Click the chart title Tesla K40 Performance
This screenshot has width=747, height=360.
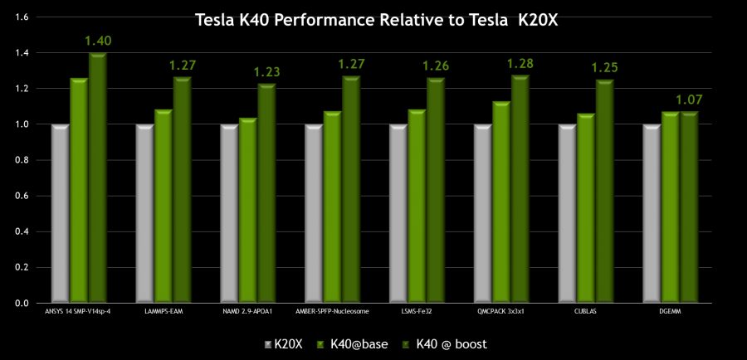pos(376,19)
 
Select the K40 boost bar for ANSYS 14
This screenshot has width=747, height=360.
pos(98,178)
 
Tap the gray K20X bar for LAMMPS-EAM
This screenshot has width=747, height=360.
pos(144,214)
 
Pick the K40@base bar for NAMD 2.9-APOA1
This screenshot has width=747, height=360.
pos(247,211)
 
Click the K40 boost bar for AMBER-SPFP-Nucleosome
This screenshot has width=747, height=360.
pos(351,190)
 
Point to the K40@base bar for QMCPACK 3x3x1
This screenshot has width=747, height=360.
pos(500,202)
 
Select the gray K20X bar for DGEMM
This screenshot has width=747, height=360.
pos(651,214)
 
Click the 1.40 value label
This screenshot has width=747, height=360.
pos(98,40)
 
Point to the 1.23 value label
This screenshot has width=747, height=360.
pos(267,71)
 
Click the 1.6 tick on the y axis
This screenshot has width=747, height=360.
pos(22,17)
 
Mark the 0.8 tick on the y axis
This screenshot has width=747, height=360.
pos(22,160)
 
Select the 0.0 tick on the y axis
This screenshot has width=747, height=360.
pos(22,304)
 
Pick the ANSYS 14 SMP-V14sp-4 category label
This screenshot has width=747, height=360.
pos(77,312)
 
